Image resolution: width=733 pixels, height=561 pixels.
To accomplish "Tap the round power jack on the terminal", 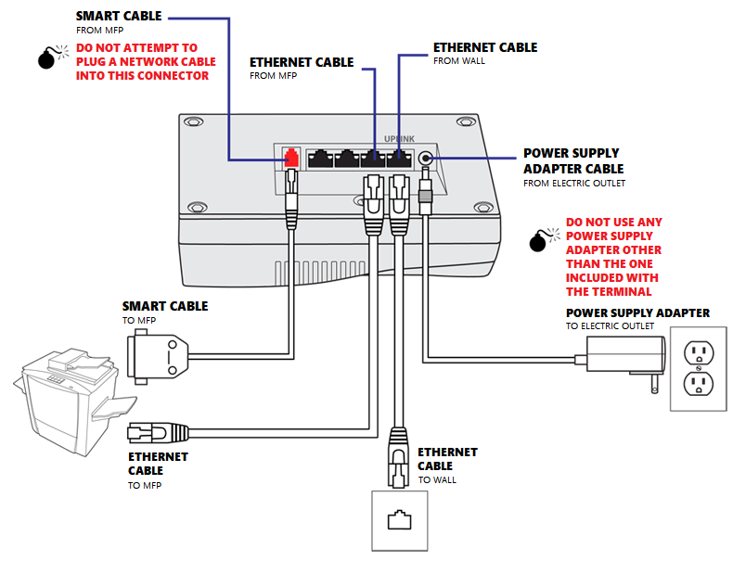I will tap(426, 159).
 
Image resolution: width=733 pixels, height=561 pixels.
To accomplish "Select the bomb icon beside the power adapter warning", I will tap(538, 241).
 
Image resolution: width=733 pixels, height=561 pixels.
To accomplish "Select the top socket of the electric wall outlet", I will tap(697, 352).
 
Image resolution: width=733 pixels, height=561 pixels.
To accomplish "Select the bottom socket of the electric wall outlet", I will tap(697, 383).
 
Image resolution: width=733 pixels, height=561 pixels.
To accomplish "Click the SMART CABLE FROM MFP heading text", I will tap(118, 17).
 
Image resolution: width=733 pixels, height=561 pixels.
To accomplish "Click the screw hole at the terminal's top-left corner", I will tap(193, 122).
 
